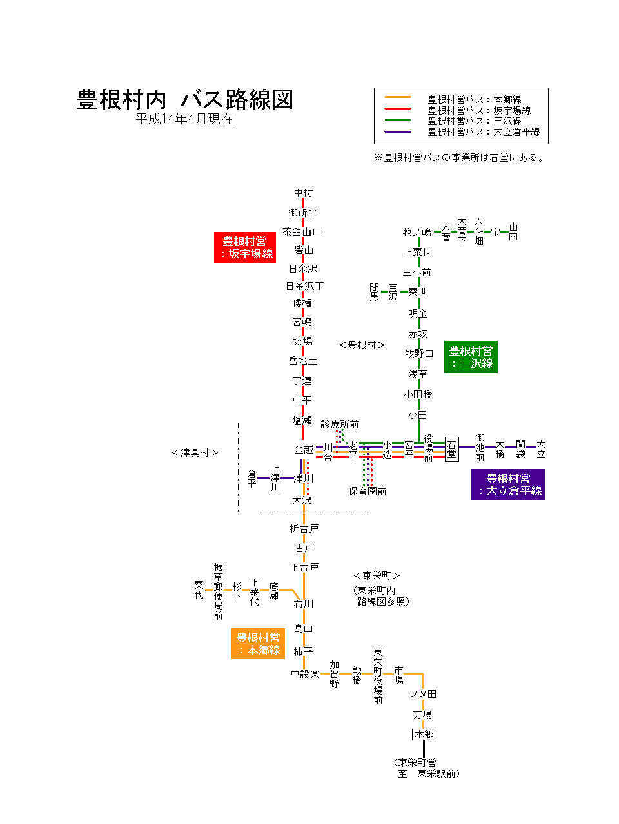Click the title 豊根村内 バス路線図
185,100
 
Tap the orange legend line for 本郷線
397,98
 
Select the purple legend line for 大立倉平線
397,132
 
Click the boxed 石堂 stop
451,449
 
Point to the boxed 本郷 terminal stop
424,734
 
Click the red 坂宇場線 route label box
245,247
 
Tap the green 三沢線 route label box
471,357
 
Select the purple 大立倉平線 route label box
508,484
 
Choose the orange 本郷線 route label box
258,644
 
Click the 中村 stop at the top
303,193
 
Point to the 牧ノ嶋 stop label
417,232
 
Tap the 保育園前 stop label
368,492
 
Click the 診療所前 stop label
340,424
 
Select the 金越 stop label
304,449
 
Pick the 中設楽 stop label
305,674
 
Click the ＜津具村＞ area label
195,453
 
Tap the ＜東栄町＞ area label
377,575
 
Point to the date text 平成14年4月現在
184,120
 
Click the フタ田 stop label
423,694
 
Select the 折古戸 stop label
304,529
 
